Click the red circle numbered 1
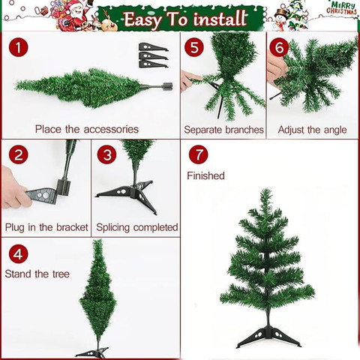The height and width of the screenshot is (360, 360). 18,46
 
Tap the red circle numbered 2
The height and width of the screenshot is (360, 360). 18,154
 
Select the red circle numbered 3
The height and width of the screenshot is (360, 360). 107,154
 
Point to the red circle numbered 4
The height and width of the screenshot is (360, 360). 18,254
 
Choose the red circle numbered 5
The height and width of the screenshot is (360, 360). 194,46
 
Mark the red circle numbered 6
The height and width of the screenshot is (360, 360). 279,46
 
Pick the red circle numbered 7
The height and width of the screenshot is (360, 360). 199,154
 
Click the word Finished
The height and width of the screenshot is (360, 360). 205,175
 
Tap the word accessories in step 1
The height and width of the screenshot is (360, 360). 111,130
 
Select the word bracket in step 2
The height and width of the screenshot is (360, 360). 72,227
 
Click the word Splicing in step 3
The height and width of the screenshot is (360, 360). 112,228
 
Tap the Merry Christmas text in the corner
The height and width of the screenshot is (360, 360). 341,8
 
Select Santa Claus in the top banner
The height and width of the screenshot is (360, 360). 76,16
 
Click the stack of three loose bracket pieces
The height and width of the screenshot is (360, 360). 152,55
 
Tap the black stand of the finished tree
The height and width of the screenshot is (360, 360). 268,335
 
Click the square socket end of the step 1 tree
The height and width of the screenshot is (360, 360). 167,86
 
